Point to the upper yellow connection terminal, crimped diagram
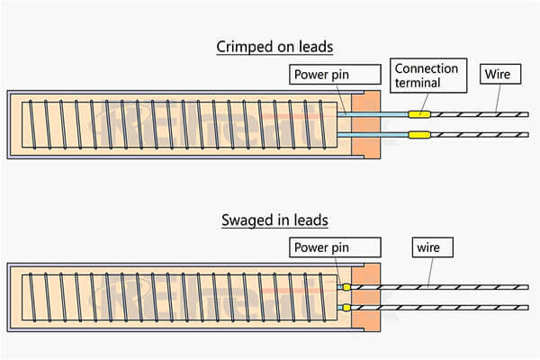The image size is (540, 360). (x=418, y=114)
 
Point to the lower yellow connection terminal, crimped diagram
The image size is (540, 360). (x=418, y=136)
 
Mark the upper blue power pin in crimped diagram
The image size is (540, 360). (x=373, y=114)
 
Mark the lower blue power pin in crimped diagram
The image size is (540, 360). (x=373, y=136)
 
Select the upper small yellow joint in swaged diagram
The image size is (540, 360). (x=346, y=288)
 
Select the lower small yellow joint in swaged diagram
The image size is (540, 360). (x=346, y=309)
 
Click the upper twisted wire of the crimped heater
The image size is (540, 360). (x=477, y=114)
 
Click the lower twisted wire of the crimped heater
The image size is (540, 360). (x=477, y=136)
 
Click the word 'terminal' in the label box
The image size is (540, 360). (x=417, y=84)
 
